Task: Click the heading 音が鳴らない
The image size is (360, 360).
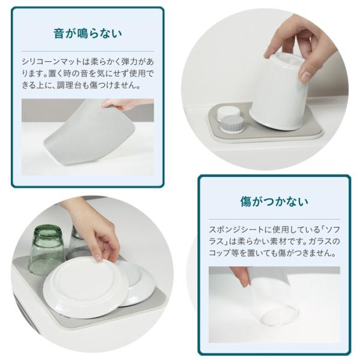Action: [x=88, y=34]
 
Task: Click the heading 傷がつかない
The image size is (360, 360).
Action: [x=274, y=202]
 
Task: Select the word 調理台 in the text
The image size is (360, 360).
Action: [x=68, y=86]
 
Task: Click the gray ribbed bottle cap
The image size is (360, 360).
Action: [x=232, y=124]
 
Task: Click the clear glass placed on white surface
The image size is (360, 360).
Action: [x=275, y=304]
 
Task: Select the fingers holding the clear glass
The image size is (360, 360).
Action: [x=241, y=277]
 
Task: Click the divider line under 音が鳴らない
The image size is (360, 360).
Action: [x=88, y=51]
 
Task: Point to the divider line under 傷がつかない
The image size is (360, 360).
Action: [x=274, y=219]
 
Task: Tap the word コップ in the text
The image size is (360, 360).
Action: [x=220, y=253]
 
